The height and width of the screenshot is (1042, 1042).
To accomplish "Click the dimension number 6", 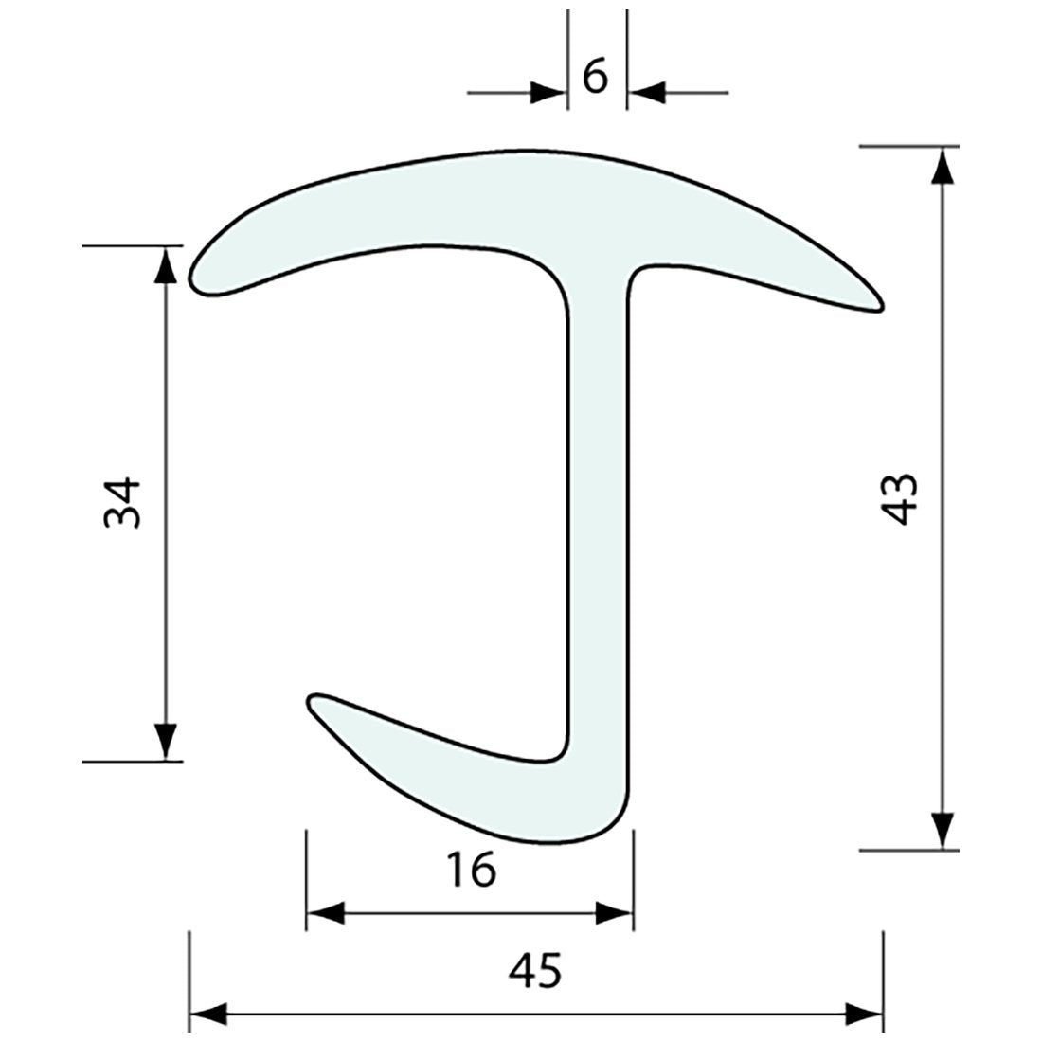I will coord(595,79).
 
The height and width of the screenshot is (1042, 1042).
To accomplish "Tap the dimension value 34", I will coord(123,502).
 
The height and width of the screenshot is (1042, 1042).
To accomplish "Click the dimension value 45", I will coord(536,970).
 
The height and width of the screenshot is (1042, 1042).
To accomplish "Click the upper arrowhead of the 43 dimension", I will coord(941,165).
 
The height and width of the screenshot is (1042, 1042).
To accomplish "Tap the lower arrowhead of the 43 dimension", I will coord(941,831).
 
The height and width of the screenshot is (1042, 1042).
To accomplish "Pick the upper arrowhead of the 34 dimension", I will coord(166,264).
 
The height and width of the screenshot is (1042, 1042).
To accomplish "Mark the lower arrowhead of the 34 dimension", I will coord(166,742).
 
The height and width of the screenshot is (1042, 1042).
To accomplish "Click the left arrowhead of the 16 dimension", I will coord(325,914).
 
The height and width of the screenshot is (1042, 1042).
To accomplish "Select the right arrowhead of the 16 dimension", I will coord(614,914).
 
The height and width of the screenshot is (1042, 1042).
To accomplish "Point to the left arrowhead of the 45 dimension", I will coord(208,1015).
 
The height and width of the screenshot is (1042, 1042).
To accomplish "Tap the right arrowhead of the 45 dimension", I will coord(865,1015).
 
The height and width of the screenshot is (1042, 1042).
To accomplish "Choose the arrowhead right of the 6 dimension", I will coord(646,93).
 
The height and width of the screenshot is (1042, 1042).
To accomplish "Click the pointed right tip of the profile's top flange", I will coord(879,304).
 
